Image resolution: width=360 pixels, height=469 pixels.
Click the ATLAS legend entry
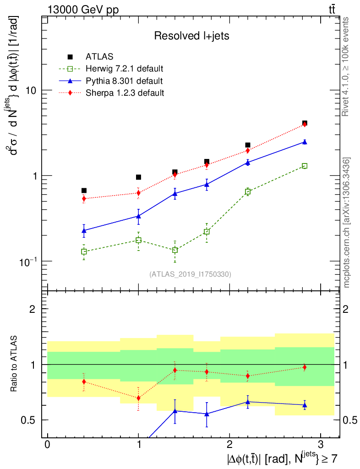click(97, 57)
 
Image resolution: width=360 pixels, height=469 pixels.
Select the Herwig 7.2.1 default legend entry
click(124, 69)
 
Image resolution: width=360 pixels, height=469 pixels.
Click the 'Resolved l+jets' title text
click(191, 36)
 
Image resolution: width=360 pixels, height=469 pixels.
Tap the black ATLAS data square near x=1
click(138, 177)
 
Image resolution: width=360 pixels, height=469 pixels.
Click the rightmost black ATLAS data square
click(305, 123)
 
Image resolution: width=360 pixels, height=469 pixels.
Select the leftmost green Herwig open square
click(84, 251)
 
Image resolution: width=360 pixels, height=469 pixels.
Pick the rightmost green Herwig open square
click(305, 166)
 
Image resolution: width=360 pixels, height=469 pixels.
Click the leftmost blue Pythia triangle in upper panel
click(84, 230)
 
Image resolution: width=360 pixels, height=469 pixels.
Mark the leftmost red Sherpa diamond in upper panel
click(84, 198)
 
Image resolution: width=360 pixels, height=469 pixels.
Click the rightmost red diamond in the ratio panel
click(305, 367)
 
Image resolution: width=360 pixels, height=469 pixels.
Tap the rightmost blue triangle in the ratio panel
click(305, 405)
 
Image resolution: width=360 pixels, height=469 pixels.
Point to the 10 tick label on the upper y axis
click(30, 91)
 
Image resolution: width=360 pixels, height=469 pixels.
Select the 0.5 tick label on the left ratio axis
click(29, 420)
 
